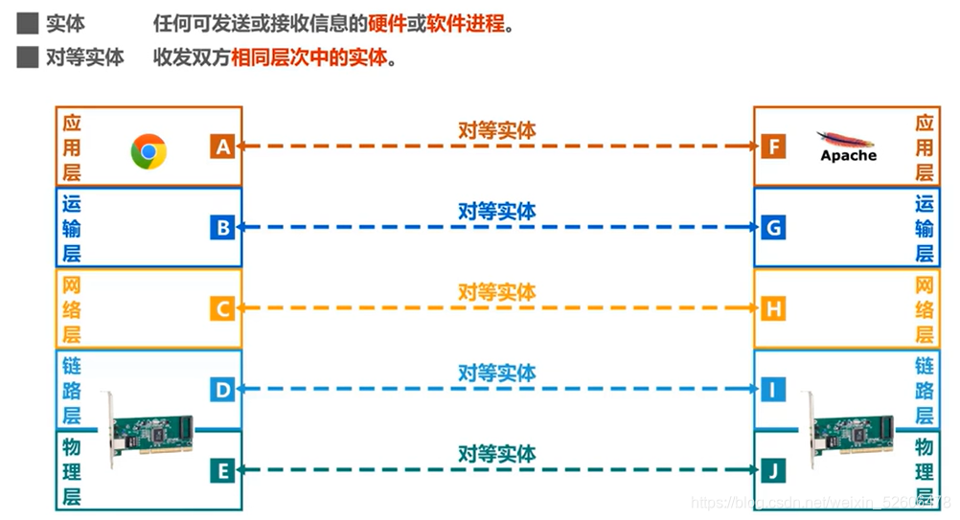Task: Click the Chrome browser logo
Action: (x=149, y=150)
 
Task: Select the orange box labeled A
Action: (x=222, y=147)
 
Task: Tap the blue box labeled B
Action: (x=222, y=228)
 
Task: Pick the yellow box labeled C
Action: (x=222, y=308)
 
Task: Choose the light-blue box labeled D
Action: (x=222, y=390)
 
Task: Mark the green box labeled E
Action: (x=222, y=470)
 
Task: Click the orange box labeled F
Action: (x=773, y=147)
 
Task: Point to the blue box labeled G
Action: (x=773, y=228)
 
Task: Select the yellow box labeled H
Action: (x=773, y=308)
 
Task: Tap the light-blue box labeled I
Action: (x=773, y=390)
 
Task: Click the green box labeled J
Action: (x=773, y=470)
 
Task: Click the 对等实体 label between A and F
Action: (x=496, y=130)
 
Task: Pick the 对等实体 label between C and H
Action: (x=496, y=291)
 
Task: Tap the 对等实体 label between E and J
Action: (x=496, y=453)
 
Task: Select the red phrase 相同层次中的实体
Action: (x=309, y=57)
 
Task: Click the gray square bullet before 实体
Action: (x=27, y=23)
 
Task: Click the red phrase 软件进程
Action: (x=466, y=23)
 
